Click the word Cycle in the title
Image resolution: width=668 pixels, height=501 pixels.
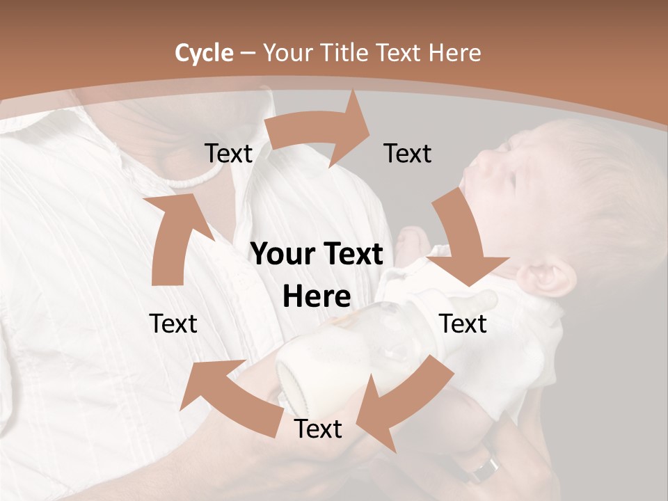pyautogui.click(x=204, y=53)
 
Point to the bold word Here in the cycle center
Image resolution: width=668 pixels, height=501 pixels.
pyautogui.click(x=317, y=297)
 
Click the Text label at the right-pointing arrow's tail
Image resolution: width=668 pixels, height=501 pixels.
pyautogui.click(x=228, y=154)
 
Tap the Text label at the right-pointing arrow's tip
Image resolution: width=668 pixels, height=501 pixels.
pyautogui.click(x=408, y=154)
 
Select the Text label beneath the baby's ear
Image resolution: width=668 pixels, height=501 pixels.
pyautogui.click(x=463, y=324)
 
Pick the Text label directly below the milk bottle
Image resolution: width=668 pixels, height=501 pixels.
pyautogui.click(x=318, y=429)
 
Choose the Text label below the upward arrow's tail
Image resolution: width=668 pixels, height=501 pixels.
pyautogui.click(x=173, y=324)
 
